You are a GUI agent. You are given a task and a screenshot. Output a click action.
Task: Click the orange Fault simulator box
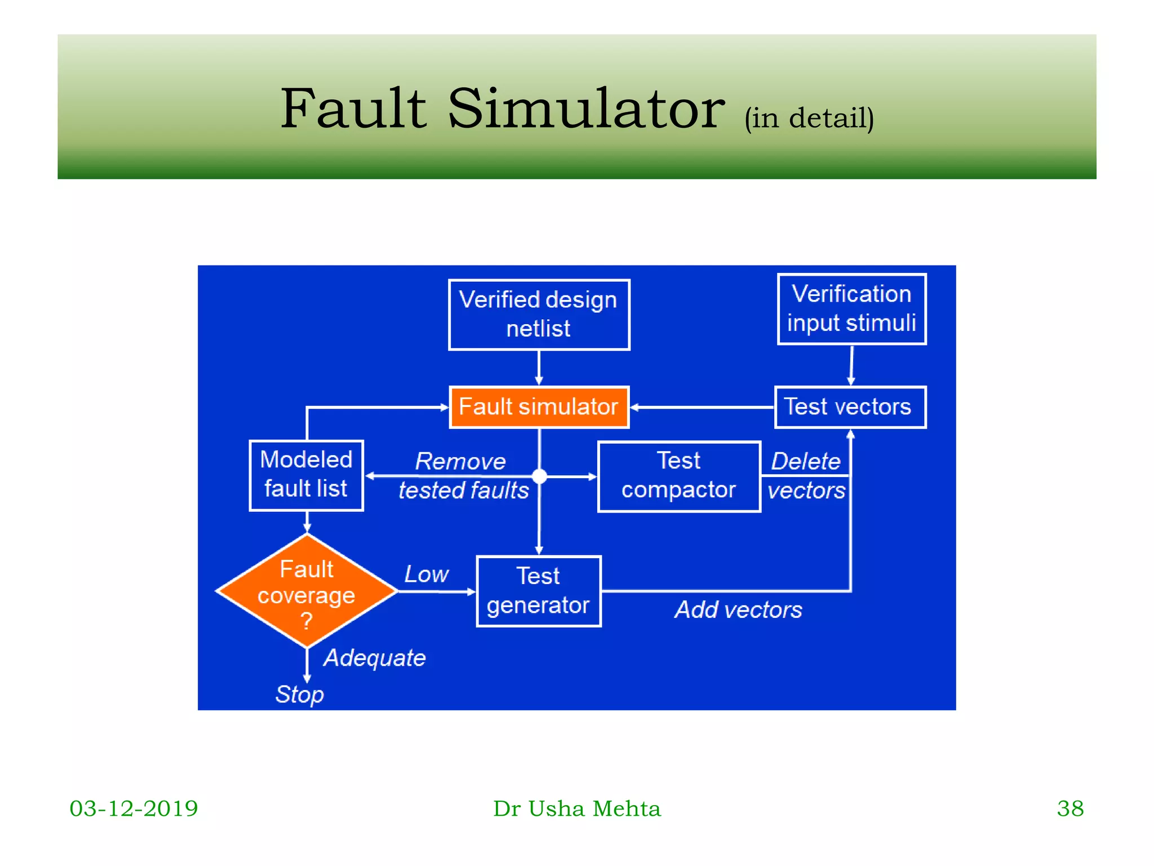pos(539,407)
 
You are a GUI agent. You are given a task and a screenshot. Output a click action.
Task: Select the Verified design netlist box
pos(539,315)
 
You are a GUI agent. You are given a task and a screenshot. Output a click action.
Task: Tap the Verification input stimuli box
pos(851,309)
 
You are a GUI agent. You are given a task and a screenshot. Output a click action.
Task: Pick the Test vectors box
pos(850,407)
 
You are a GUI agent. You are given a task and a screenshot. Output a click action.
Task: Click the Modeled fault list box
pos(306,475)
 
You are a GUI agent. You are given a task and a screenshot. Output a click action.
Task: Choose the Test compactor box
pos(679,476)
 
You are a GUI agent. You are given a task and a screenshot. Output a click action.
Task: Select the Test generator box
pos(538,591)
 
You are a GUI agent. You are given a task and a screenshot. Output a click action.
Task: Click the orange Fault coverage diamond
pos(307,592)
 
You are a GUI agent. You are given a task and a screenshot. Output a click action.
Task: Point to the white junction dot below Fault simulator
pos(539,476)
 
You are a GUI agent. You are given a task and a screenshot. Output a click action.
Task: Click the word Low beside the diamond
pos(427,575)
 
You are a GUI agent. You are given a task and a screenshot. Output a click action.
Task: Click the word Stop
pos(299,695)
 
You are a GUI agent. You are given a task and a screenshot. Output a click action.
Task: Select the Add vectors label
pos(738,610)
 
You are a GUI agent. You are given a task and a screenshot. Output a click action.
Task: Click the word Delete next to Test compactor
pos(806,461)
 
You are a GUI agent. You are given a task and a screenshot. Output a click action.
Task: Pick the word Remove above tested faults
pos(460,462)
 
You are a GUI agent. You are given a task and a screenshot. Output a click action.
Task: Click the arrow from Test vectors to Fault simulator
pos(702,407)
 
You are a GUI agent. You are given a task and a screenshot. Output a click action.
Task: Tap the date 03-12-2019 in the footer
pos(134,808)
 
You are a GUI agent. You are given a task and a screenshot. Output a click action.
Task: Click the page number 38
pos(1069,808)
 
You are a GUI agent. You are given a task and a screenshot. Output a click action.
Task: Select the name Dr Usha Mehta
pos(576,808)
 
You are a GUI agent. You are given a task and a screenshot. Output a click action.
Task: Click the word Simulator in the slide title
pos(586,109)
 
